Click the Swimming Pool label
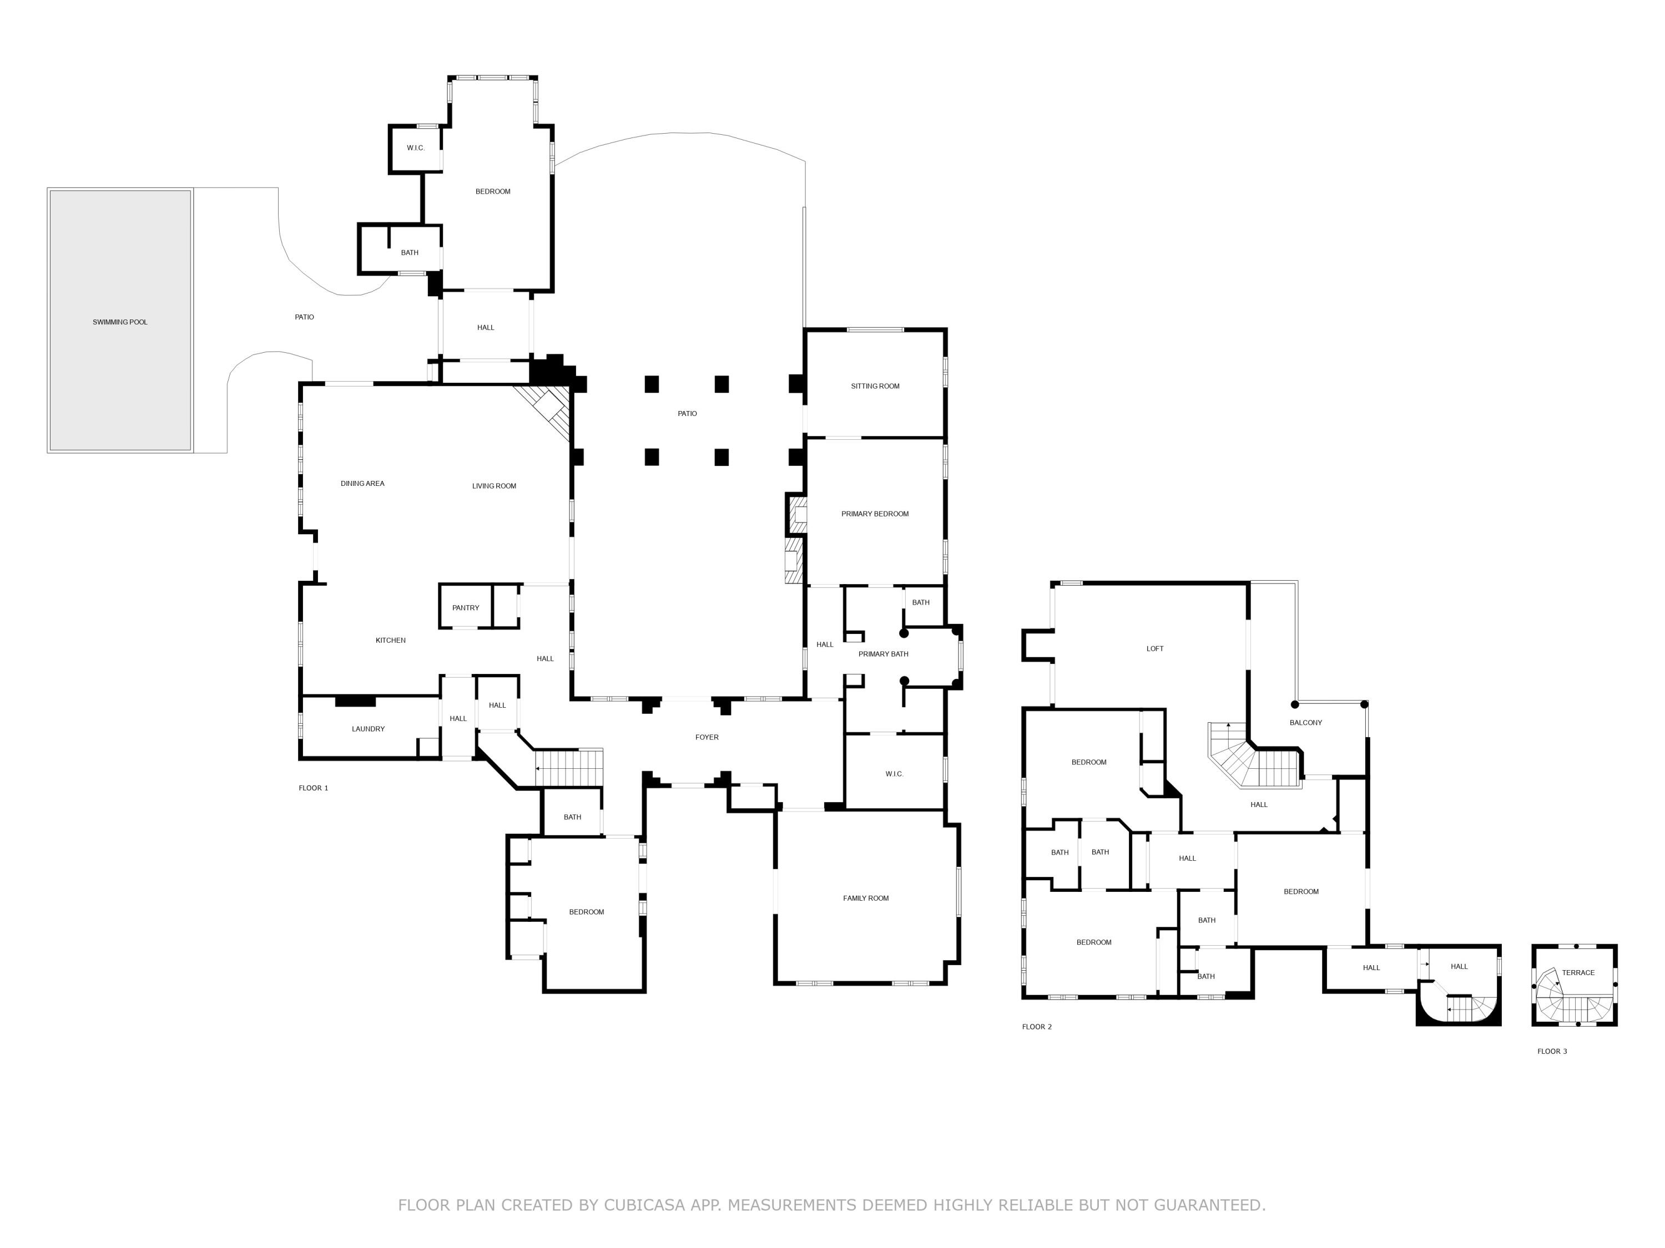[x=120, y=322]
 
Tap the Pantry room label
[x=465, y=608]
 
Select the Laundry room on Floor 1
[x=368, y=729]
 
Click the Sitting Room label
[x=875, y=386]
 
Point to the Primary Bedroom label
[x=875, y=514]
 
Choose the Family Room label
[x=866, y=898]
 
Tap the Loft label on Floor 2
[x=1154, y=648]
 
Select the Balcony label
[x=1305, y=722]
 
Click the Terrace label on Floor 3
[x=1578, y=973]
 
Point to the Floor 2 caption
[x=1037, y=1027]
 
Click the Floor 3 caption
[x=1551, y=1052]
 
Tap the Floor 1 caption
[x=313, y=788]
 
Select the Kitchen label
[x=390, y=640]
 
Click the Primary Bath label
[x=883, y=654]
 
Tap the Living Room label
[x=494, y=486]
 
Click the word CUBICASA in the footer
[x=644, y=1205]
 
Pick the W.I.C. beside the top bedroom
[x=416, y=148]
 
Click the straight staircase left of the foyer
[x=571, y=769]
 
